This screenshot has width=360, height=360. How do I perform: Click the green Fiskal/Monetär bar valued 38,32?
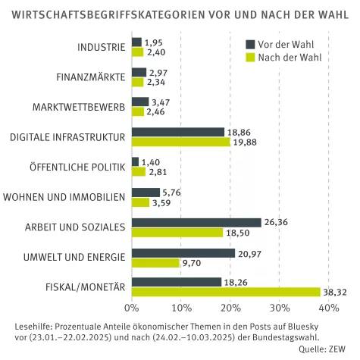click(226, 292)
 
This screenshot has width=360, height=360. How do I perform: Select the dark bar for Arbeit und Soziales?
click(196, 223)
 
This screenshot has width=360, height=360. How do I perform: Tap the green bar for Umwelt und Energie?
click(155, 262)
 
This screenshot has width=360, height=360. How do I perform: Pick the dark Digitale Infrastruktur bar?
click(178, 132)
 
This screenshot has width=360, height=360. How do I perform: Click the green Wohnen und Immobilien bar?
click(140, 202)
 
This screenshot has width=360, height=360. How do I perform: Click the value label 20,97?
click(248, 252)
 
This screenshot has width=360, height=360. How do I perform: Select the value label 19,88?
click(244, 142)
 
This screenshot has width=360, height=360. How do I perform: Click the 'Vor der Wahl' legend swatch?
click(251, 44)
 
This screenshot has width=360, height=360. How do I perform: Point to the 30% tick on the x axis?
click(279, 308)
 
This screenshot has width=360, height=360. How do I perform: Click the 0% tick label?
click(132, 308)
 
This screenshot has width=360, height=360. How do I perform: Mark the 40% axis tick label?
click(328, 308)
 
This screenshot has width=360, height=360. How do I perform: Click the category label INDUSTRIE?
click(101, 47)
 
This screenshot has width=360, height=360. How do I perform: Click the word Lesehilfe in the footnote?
click(34, 326)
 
